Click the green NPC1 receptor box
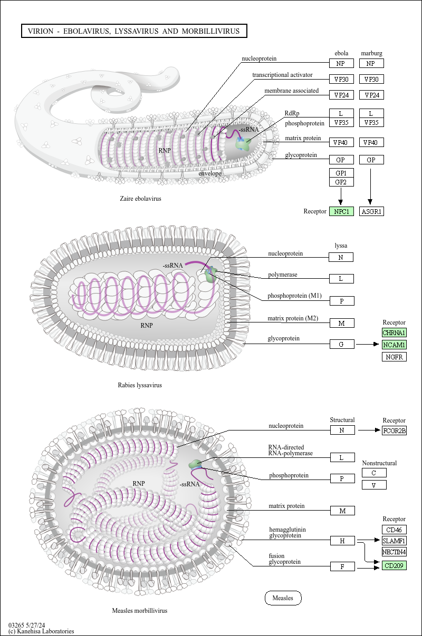[x=341, y=211]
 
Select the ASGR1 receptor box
[x=371, y=211]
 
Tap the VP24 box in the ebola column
[x=341, y=95]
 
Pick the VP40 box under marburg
[x=371, y=142]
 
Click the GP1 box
[x=341, y=173]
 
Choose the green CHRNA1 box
[x=394, y=333]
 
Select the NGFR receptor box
[x=394, y=357]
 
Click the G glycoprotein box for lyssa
[x=342, y=344]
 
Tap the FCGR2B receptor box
[x=394, y=430]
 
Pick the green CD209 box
[x=394, y=566]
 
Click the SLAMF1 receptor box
[x=394, y=541]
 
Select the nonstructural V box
[x=374, y=485]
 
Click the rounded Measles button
[x=283, y=598]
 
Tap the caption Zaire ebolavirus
[x=140, y=199]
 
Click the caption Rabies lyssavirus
[x=140, y=385]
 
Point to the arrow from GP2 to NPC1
[x=341, y=196]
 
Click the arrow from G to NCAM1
[x=368, y=345]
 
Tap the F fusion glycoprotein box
[x=342, y=566]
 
